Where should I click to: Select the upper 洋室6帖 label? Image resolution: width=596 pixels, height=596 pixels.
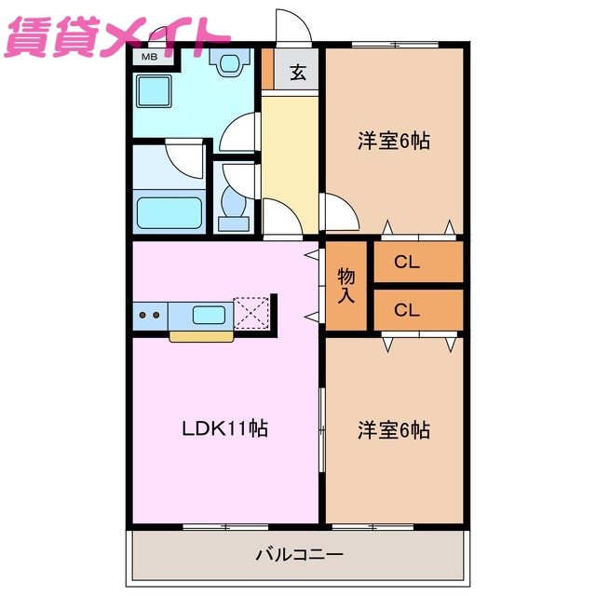click(x=394, y=142)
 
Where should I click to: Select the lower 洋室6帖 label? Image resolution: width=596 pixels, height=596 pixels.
click(x=394, y=430)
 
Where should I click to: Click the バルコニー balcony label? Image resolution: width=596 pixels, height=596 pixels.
click(x=300, y=555)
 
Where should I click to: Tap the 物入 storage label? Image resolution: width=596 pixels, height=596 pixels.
click(x=346, y=286)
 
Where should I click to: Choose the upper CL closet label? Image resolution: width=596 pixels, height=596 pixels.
click(x=407, y=262)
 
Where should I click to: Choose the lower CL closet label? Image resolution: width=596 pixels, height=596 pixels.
click(x=407, y=309)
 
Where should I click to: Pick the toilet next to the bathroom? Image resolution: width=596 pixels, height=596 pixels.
click(x=233, y=207)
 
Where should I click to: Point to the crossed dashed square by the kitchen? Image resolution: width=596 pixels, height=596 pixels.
click(x=251, y=313)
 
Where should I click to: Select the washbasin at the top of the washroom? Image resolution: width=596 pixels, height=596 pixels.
click(x=228, y=63)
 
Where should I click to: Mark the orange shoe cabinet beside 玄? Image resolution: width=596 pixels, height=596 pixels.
click(x=267, y=67)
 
